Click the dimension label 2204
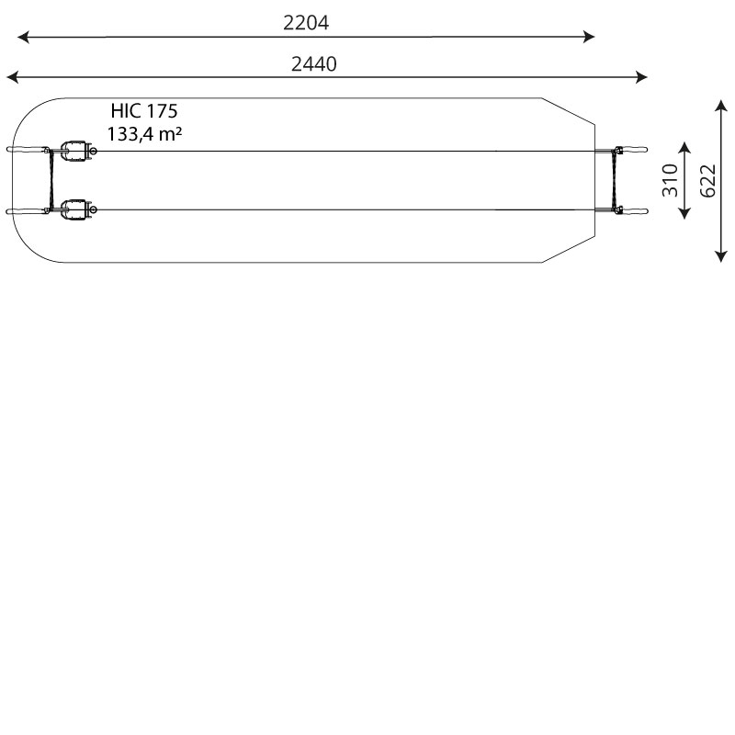(306, 22)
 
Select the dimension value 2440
(313, 63)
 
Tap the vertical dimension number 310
(670, 180)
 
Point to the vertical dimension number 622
(707, 181)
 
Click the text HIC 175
(144, 111)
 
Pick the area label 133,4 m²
(144, 133)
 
